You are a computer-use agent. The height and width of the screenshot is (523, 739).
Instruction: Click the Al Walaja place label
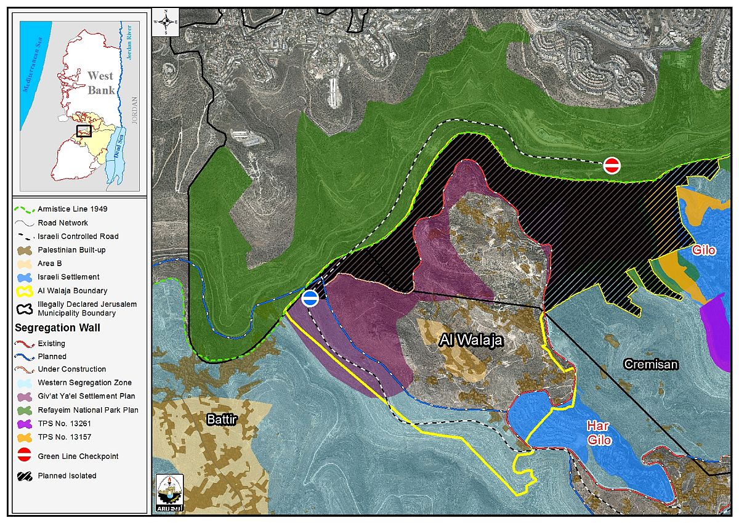coord(471,340)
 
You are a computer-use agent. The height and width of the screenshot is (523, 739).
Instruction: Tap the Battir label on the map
coord(222,420)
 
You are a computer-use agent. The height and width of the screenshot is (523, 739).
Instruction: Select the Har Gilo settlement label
coord(599,432)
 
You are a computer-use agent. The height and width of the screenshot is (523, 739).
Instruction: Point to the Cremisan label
coord(651,364)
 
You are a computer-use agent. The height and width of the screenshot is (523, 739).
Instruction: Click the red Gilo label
coord(703,251)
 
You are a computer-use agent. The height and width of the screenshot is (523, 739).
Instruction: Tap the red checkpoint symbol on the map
coord(612,165)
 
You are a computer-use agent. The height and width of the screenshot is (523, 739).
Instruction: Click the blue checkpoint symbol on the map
coord(310,298)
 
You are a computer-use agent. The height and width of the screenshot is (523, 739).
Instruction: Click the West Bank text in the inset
coord(101,83)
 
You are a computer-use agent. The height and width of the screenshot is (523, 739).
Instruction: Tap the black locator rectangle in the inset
coord(84,131)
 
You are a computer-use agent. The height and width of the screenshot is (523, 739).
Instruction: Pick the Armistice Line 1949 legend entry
coord(72,209)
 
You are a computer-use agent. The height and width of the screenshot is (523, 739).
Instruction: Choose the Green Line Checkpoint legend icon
coord(25,456)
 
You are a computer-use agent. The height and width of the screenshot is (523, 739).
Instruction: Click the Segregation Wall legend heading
coord(56,328)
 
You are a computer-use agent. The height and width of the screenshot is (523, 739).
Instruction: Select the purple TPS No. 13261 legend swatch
coord(25,424)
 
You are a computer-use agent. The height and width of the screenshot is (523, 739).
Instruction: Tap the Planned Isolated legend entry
coord(67,476)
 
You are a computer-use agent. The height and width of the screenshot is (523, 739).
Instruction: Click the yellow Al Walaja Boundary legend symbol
coord(25,291)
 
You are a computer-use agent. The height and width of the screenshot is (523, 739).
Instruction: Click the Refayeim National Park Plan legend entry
coord(87,410)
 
